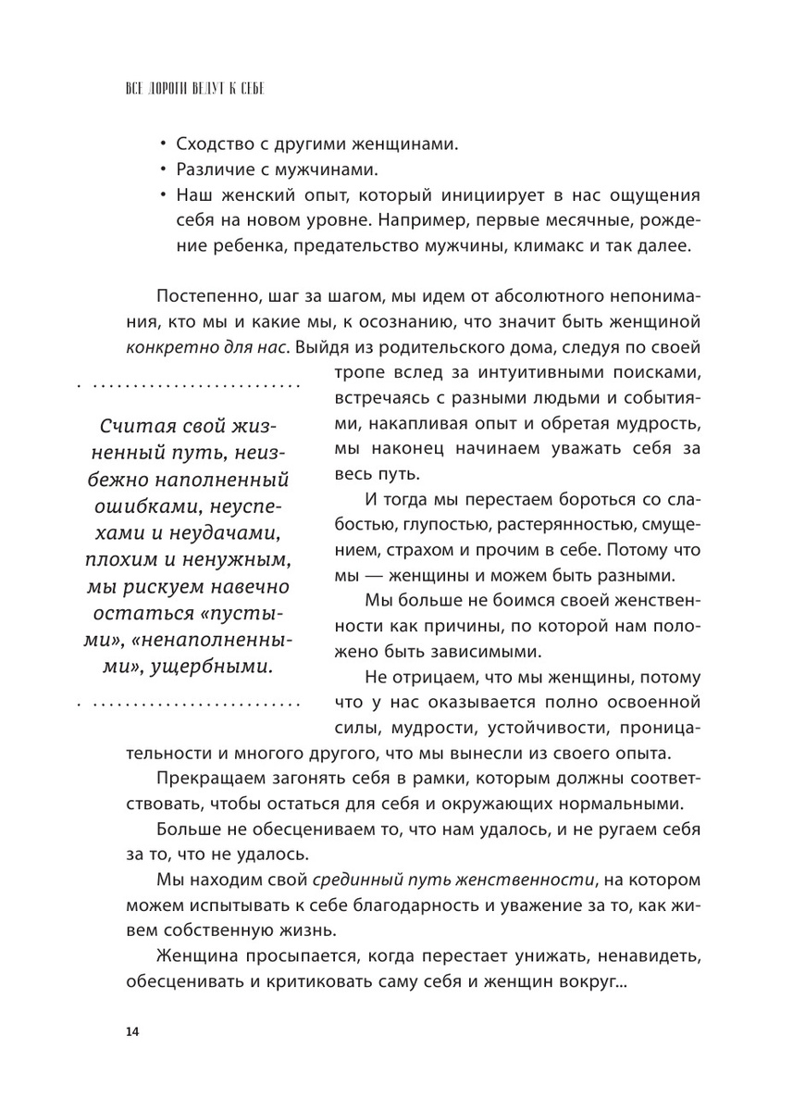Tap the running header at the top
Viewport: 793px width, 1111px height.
point(201,90)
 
